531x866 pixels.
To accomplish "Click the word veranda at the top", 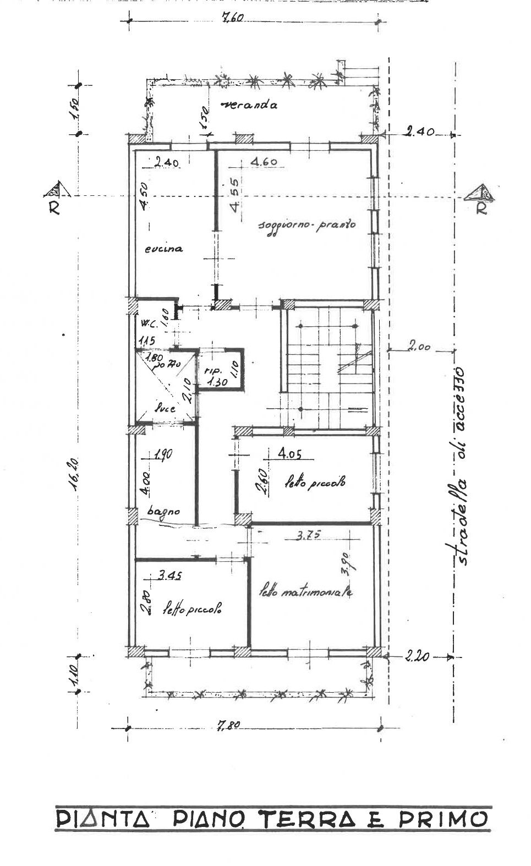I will tap(247, 105).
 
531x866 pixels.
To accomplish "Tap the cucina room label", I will tap(163, 249).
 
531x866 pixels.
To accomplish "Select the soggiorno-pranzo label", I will tap(307, 226).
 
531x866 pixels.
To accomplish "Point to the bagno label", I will tap(163, 511).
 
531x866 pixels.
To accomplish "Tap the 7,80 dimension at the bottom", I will tap(227, 725).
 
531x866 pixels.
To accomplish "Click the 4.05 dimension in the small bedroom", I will tap(289, 454).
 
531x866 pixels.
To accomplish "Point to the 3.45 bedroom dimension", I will tap(170, 576).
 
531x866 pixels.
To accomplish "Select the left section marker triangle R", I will tap(56, 190).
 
